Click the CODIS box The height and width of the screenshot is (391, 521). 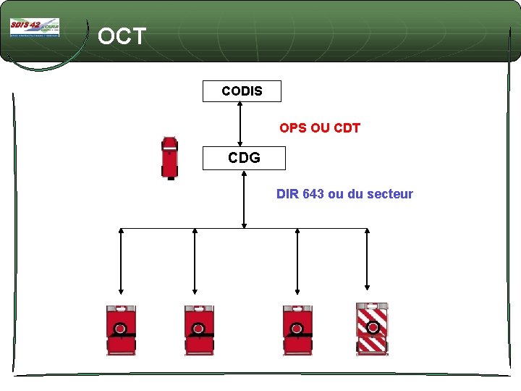click(x=242, y=91)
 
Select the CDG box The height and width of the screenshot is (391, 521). click(x=244, y=158)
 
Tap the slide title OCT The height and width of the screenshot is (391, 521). click(x=122, y=36)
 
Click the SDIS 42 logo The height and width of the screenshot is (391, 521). click(x=34, y=28)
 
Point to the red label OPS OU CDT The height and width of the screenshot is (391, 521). click(x=320, y=128)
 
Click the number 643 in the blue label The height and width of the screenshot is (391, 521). click(x=313, y=194)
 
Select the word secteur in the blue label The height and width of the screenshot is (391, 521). click(x=389, y=194)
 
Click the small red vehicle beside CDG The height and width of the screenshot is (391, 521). click(x=169, y=157)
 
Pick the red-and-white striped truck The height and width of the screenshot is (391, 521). click(x=373, y=329)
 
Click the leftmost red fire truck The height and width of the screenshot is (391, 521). click(x=121, y=329)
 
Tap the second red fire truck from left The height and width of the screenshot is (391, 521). click(x=198, y=329)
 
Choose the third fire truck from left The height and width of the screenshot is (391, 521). click(x=297, y=329)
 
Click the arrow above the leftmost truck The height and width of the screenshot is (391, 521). click(x=121, y=261)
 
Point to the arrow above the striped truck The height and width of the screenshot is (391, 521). click(x=367, y=261)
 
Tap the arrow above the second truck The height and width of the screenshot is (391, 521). click(x=195, y=261)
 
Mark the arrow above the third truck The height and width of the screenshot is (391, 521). click(x=297, y=261)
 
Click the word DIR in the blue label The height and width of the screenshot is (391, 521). click(x=287, y=194)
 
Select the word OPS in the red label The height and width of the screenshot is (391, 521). click(x=293, y=128)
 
